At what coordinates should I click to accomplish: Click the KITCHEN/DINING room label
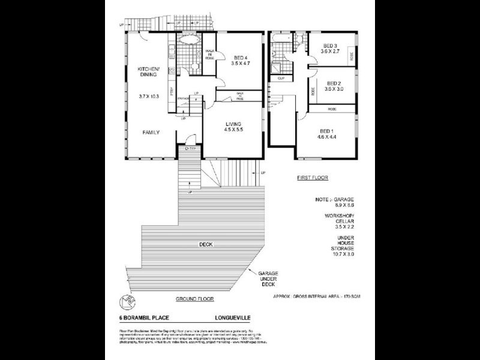coord(147,73)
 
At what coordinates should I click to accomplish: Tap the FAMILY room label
coord(151,132)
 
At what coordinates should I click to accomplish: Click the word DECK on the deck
coord(208,245)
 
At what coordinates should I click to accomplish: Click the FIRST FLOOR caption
coord(312,179)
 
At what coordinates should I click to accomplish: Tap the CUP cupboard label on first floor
coord(281,78)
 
